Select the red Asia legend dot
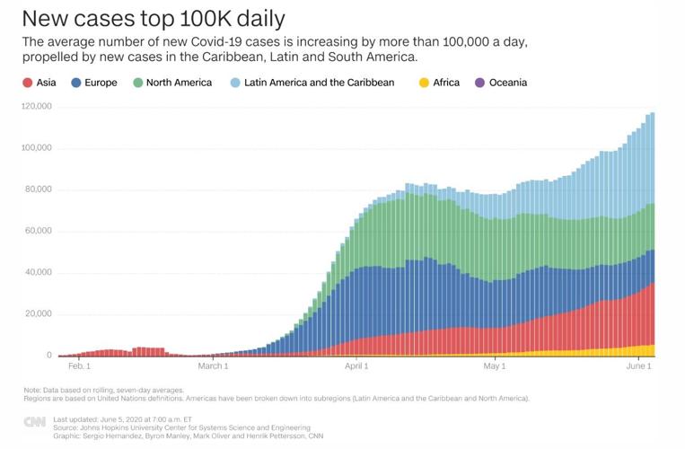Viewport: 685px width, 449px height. (28, 83)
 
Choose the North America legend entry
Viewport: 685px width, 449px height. (179, 83)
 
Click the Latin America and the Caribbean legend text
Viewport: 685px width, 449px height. (319, 83)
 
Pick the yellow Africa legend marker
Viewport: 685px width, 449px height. (424, 83)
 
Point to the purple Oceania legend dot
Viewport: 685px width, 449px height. (479, 83)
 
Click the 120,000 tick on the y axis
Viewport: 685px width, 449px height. (36, 106)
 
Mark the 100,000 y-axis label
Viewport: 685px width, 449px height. (36, 147)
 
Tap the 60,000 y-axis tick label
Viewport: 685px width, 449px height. (38, 231)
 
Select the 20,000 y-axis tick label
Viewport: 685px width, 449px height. (38, 314)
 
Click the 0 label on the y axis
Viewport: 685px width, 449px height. (48, 356)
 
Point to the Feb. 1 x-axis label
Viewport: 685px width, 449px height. (79, 366)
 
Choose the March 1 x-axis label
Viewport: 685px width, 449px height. (214, 366)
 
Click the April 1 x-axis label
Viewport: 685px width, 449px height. (356, 366)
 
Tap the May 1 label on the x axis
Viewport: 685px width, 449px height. (495, 366)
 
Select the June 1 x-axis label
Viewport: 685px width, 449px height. (638, 366)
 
